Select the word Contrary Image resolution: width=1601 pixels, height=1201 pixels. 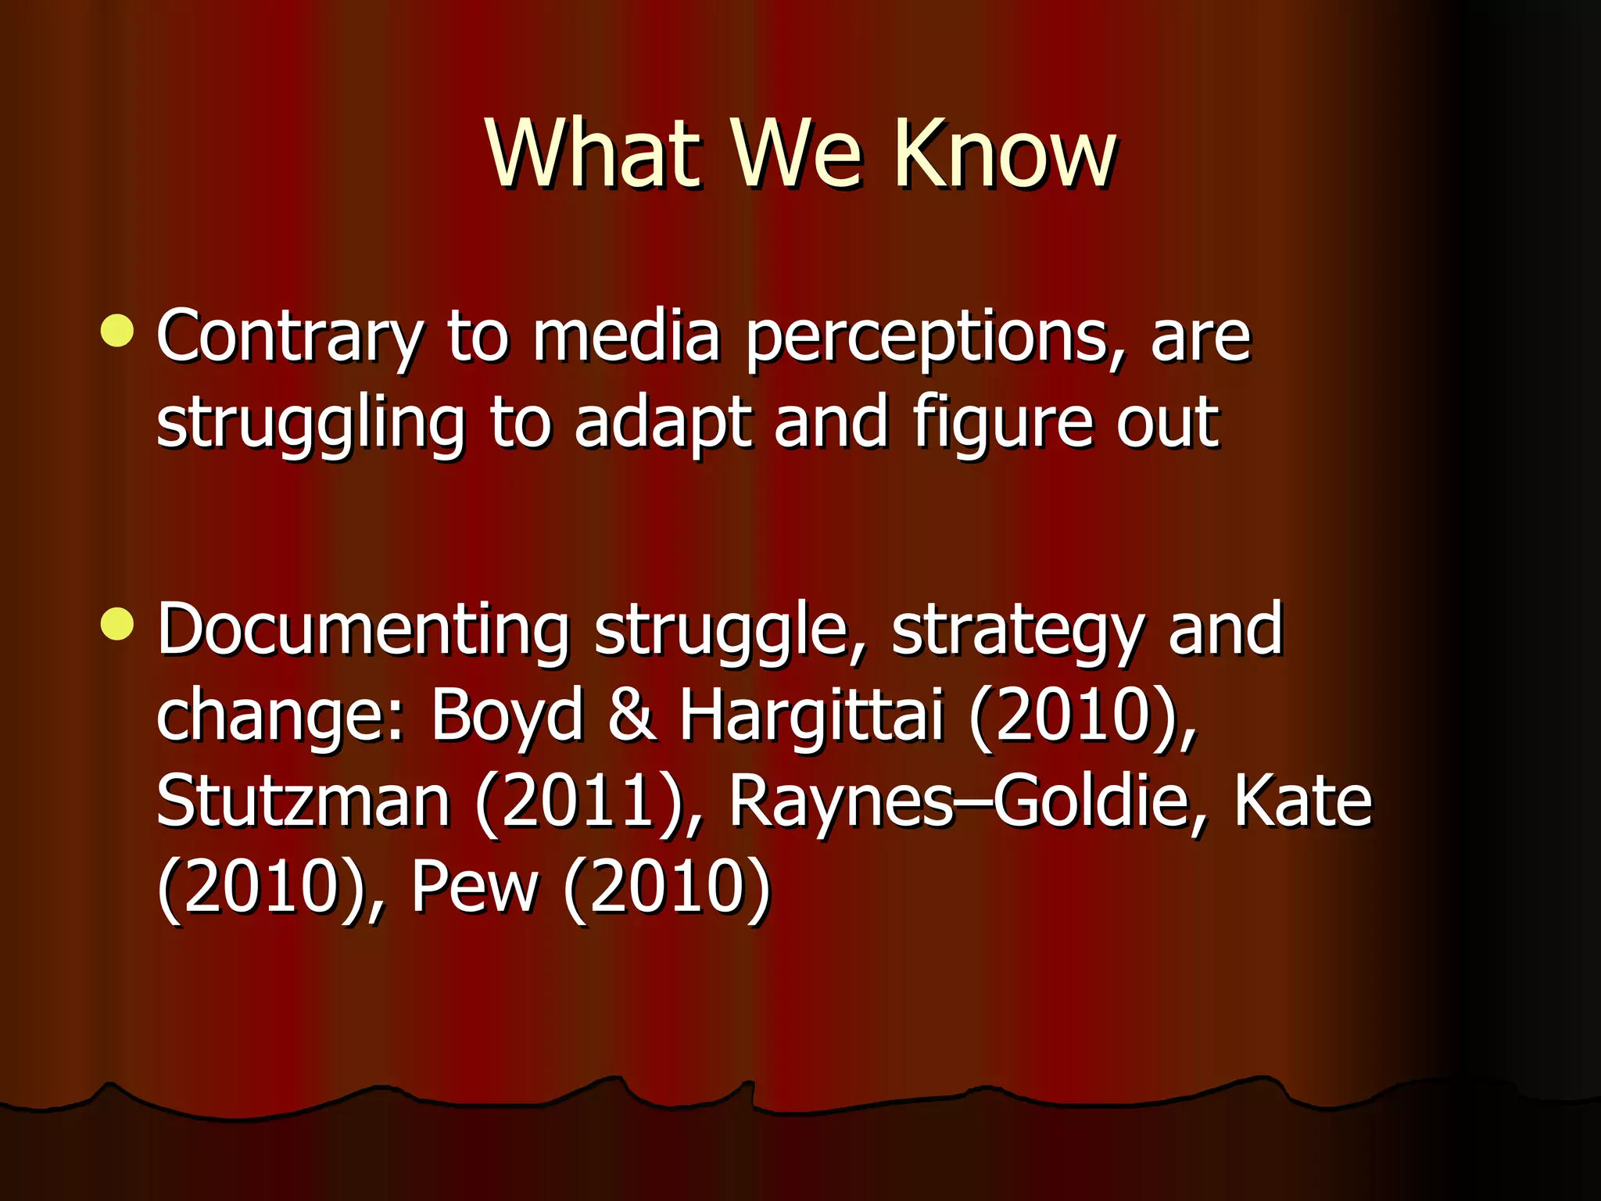pos(289,338)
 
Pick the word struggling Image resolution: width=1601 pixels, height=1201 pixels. pos(310,424)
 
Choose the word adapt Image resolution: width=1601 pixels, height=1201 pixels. pos(664,424)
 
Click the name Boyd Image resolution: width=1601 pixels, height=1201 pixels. pos(507,715)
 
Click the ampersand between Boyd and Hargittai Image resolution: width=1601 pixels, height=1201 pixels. pos(632,715)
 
